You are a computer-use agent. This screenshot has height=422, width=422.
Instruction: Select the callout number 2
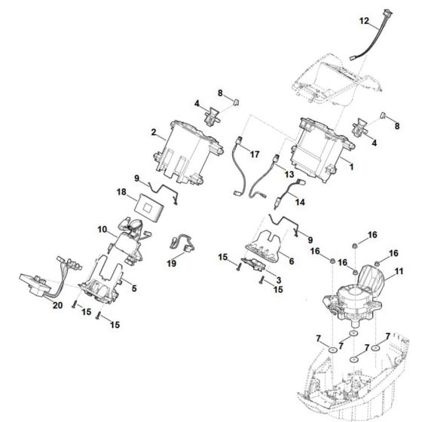click(154, 133)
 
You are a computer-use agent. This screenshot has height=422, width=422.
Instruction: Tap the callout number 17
click(255, 154)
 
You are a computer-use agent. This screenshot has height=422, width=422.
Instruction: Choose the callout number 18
click(122, 194)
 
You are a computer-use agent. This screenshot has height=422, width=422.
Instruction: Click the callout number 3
click(270, 280)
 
